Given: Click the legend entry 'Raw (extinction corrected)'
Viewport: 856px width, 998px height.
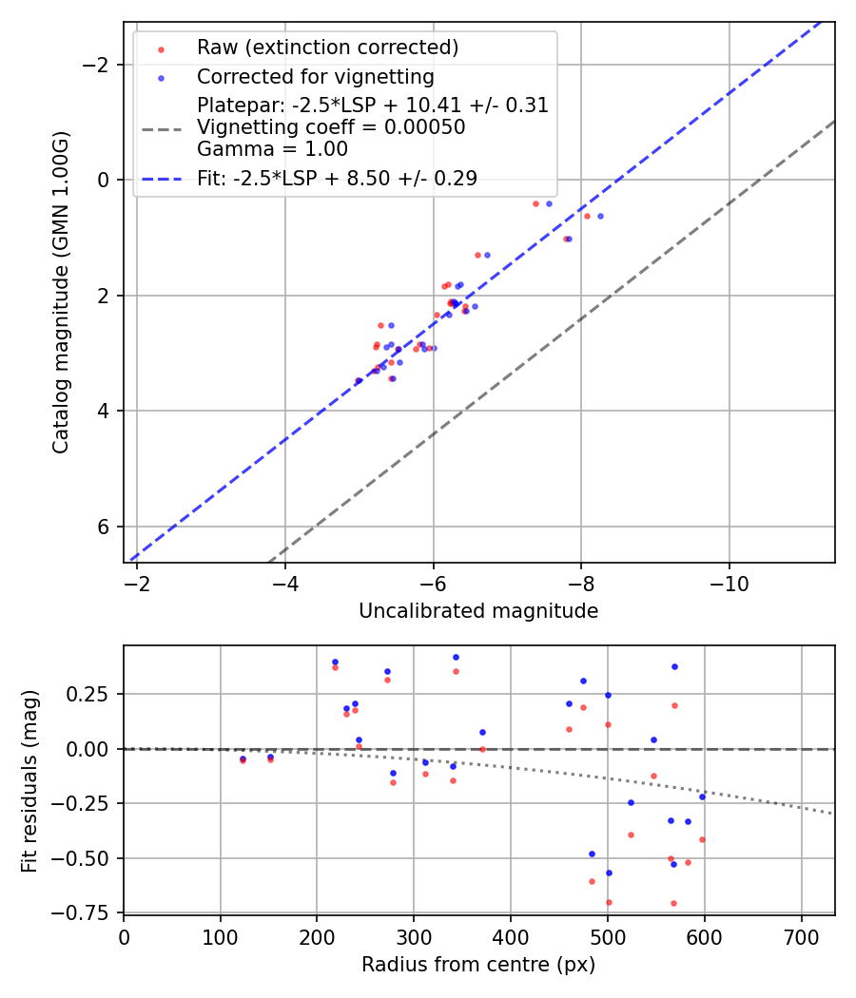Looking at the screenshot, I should point(327,48).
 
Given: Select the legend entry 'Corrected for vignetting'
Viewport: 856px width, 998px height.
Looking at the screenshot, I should point(315,77).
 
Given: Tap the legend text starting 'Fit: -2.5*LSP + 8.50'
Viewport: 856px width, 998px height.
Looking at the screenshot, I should point(337,178).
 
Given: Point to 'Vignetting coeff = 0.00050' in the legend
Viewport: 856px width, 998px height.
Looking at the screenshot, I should point(331,127).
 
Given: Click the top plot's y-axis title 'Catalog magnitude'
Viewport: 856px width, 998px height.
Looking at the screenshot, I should point(61,293).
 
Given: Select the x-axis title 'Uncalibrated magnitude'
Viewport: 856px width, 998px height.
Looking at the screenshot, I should point(478,611).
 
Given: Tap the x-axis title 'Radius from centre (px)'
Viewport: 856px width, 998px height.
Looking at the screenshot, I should point(478,965).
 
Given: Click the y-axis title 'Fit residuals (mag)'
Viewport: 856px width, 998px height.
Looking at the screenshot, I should point(29,780).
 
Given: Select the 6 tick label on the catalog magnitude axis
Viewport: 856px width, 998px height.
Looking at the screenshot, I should point(106,527).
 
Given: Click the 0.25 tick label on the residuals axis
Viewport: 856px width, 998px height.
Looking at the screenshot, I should point(91,694).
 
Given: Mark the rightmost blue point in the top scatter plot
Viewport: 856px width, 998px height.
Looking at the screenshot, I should point(600,216).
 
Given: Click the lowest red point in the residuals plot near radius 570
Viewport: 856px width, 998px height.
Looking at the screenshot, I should point(673,903).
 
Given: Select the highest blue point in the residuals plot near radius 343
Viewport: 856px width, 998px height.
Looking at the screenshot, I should point(456,657).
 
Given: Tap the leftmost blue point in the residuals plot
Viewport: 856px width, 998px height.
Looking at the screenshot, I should point(243,758).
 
